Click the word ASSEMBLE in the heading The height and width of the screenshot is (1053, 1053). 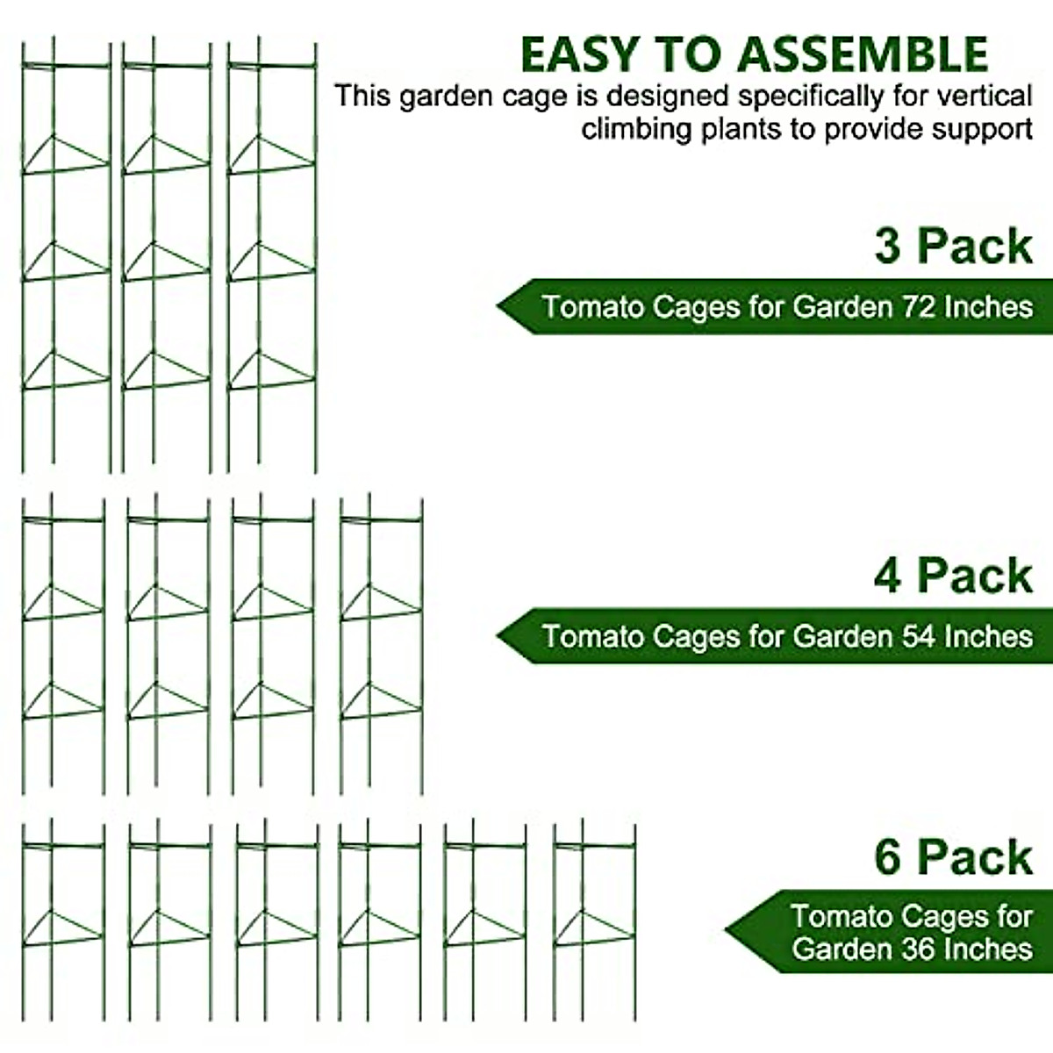pyautogui.click(x=862, y=54)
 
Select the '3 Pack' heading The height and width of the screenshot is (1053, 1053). pyautogui.click(x=953, y=246)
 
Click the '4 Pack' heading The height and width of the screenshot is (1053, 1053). pyautogui.click(x=953, y=576)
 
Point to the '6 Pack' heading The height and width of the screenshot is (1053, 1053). pyautogui.click(x=953, y=857)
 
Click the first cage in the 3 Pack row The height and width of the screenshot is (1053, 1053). pyautogui.click(x=67, y=254)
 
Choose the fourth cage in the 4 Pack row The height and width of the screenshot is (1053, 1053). pyautogui.click(x=382, y=645)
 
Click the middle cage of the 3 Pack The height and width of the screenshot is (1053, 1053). pyautogui.click(x=167, y=254)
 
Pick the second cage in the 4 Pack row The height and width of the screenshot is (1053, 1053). pyautogui.click(x=168, y=645)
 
